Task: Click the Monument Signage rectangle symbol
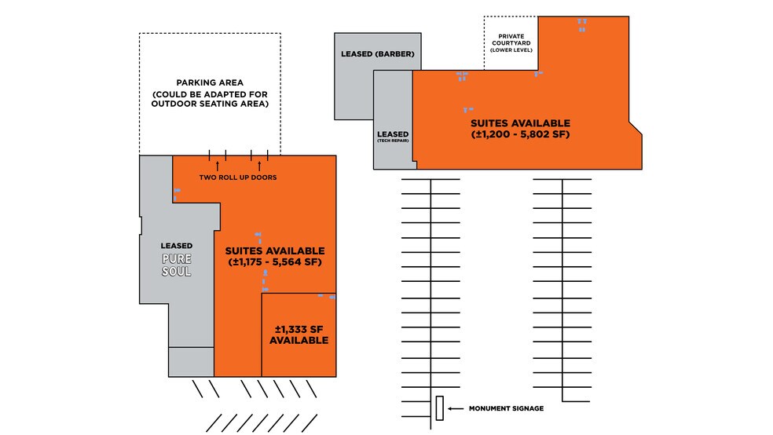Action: [439, 408]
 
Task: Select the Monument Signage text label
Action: [506, 408]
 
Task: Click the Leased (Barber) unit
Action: [376, 55]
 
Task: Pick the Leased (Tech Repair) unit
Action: [393, 137]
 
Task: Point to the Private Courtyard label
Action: [511, 38]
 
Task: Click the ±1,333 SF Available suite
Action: [299, 335]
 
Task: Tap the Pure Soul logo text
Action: [177, 265]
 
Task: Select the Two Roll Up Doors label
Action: [237, 177]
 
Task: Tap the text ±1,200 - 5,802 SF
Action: [519, 135]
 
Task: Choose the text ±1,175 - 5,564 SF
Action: [275, 261]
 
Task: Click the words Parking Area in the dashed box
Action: [210, 82]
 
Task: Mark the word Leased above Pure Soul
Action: [177, 246]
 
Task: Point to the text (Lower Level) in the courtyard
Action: [511, 50]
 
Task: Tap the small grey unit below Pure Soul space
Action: [192, 362]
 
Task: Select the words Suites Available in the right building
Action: [520, 123]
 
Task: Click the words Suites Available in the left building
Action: [275, 250]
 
